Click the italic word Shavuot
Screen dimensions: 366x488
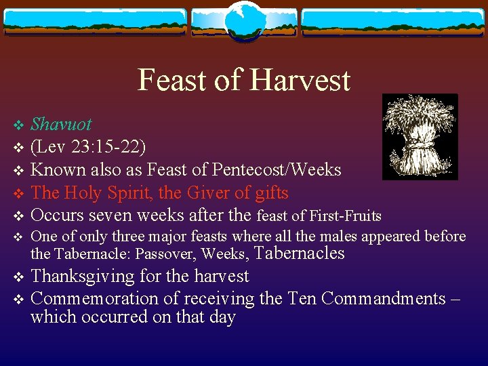point(62,125)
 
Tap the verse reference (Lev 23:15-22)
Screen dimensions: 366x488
point(88,147)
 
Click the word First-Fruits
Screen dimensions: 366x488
point(345,216)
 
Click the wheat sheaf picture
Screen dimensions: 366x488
point(420,136)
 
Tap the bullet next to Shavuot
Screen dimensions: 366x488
point(18,125)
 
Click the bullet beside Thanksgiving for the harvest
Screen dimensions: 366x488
point(18,277)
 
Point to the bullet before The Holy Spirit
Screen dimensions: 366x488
point(18,194)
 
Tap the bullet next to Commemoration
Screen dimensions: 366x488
point(18,299)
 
